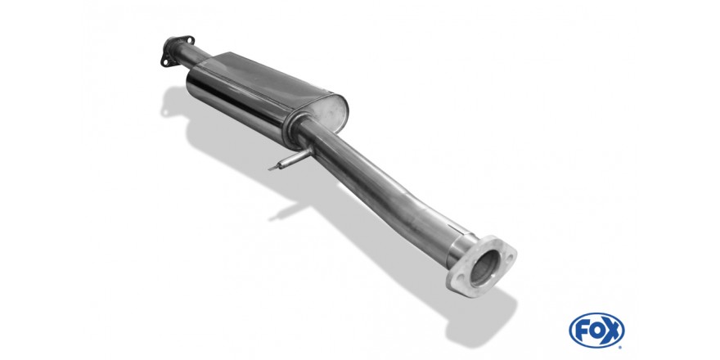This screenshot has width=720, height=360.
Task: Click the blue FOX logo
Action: point(596,331)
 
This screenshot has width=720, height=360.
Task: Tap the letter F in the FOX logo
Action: point(582,331)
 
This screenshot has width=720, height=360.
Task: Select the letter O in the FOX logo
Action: point(596,331)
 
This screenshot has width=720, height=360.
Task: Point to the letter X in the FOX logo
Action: point(612,331)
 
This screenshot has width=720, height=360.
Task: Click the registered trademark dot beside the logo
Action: point(622,347)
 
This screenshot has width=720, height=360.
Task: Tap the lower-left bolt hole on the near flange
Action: point(458,278)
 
